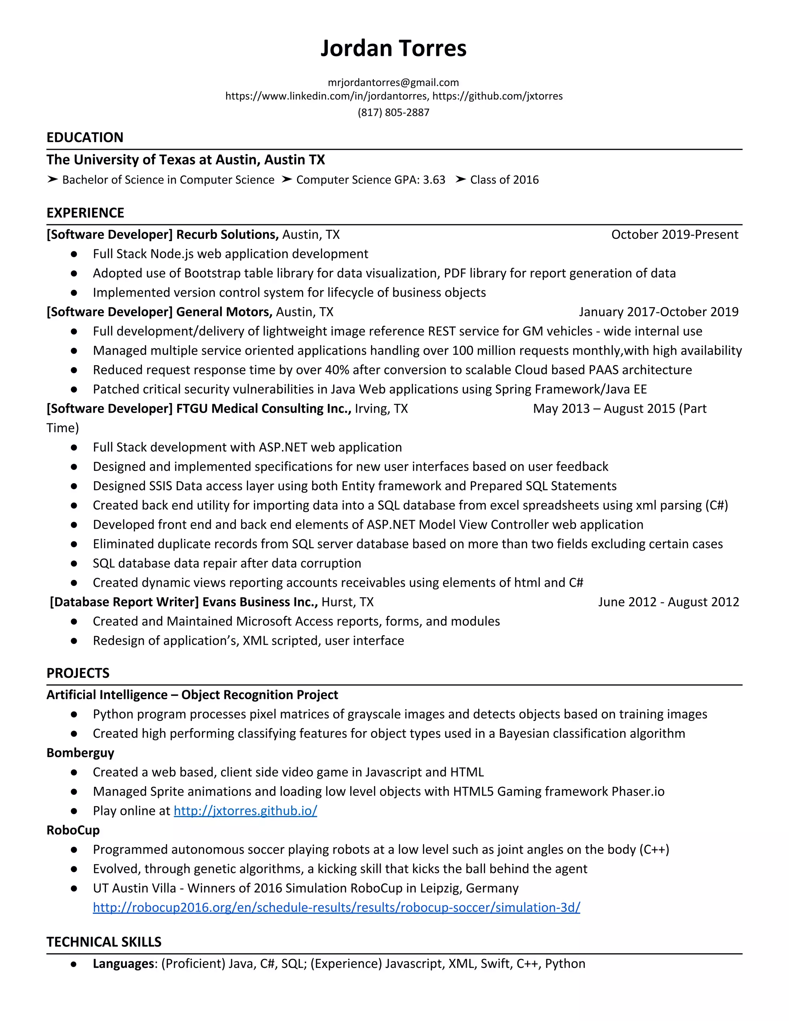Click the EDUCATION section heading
[x=85, y=138]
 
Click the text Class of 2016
[x=504, y=180]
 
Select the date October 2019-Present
[x=675, y=235]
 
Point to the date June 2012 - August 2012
[x=668, y=602]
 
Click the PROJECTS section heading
[x=78, y=673]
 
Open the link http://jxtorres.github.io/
[x=245, y=811]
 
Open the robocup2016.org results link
[x=337, y=907]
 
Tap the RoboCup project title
[x=73, y=830]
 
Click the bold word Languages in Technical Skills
[x=123, y=964]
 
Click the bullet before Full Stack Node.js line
[x=74, y=254]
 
